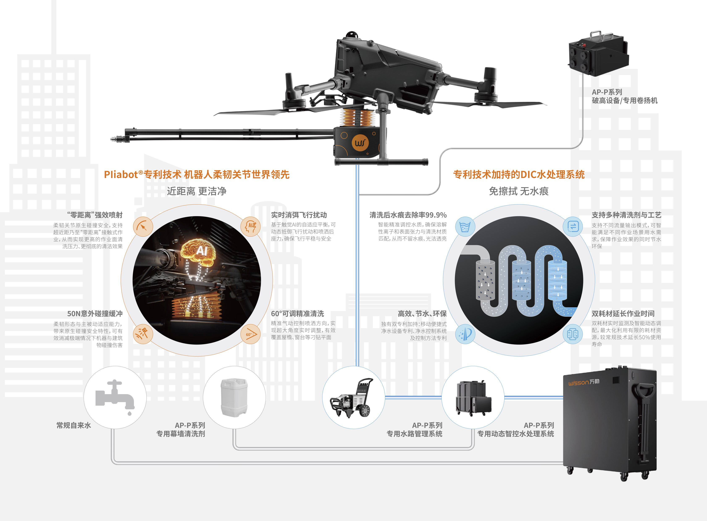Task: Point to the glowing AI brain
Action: [x=198, y=251]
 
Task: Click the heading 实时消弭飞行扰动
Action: [x=299, y=215]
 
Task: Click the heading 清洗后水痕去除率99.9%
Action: [x=408, y=215]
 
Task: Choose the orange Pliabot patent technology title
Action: [x=196, y=174]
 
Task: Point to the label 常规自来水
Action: [x=74, y=425]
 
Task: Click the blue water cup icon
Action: [x=465, y=227]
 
